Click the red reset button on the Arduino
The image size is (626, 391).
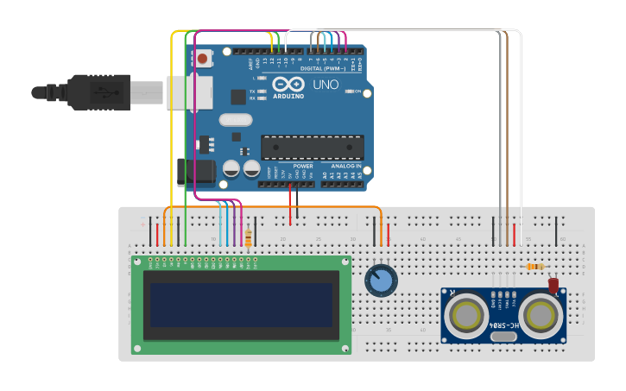coord(203,60)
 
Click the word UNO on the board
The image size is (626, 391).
coord(325,85)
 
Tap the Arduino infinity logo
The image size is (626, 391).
coord(288,85)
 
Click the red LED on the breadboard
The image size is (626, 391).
coord(553,283)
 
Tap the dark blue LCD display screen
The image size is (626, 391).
coord(242,305)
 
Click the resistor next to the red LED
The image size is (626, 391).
coord(534,267)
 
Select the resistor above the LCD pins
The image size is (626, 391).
coord(249,237)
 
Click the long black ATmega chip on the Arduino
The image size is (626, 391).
coord(312,147)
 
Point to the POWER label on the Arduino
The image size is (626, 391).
coord(303,166)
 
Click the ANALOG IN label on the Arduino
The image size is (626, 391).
coord(346,166)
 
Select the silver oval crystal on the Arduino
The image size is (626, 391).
coord(236,120)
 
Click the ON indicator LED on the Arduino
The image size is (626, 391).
coord(349,91)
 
